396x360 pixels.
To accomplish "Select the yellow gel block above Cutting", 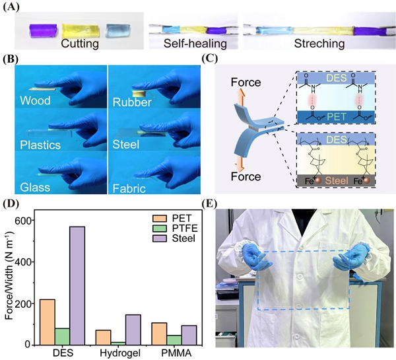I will point(81,30).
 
